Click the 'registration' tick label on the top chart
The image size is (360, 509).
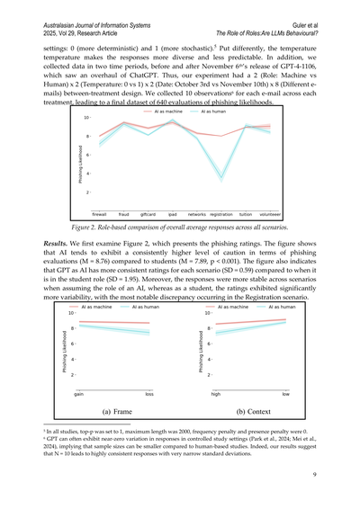coord(221,216)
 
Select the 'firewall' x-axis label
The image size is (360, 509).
coord(99,216)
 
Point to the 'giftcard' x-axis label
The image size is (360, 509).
coord(148,216)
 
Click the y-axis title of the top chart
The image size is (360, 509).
coord(76,163)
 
